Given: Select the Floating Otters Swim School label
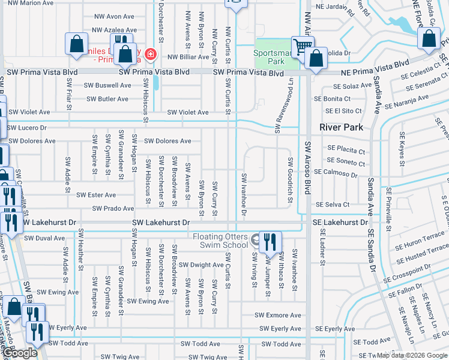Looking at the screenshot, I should tap(220, 241).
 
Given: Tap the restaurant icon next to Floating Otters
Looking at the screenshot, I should tap(270, 241).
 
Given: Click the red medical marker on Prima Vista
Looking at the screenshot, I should tap(149, 56).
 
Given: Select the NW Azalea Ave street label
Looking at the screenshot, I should tap(113, 30).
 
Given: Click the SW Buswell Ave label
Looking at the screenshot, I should tap(107, 85).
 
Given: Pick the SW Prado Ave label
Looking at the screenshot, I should tap(113, 209).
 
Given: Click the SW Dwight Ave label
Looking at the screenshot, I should tap(202, 265).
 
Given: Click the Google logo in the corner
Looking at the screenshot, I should tap(20, 353).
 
